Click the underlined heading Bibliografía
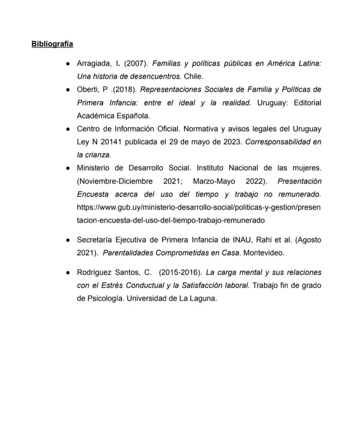[52, 44]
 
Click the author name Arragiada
[92, 64]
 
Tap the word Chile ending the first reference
[193, 76]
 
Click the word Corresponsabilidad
[279, 142]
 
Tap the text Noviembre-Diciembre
[115, 181]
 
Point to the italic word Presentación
[299, 181]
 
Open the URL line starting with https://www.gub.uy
[199, 207]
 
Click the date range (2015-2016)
[180, 272]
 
